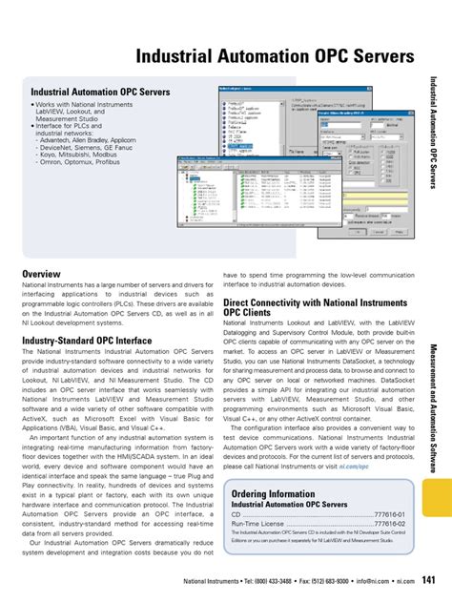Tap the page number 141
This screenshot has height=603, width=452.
[x=430, y=579]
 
